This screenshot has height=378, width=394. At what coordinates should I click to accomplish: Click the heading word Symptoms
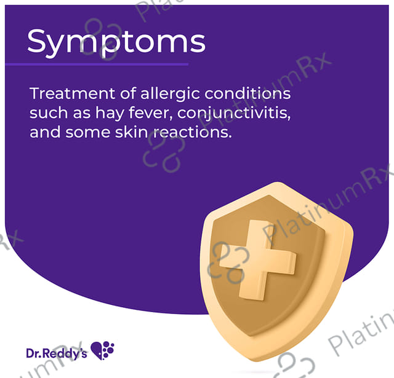coord(116,42)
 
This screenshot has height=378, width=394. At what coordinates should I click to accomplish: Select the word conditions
coord(247,93)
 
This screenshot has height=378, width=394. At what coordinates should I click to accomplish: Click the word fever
coord(150,113)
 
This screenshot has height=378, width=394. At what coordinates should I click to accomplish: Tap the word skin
coord(131,132)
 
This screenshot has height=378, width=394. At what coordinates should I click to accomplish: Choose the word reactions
coord(192,132)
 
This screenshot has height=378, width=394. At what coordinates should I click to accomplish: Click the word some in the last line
coord(88,133)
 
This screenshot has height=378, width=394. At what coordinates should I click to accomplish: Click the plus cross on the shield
coord(257,260)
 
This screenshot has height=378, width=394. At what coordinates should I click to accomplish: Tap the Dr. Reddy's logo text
coord(57,353)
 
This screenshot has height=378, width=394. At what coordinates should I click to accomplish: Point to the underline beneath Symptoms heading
coord(97,65)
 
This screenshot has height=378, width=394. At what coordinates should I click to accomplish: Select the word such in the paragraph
coord(49,113)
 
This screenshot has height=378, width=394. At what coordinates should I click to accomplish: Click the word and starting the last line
coord(45,132)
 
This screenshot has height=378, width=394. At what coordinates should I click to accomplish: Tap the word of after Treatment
coord(128,93)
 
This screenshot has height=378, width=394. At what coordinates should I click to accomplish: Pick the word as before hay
coord(82,114)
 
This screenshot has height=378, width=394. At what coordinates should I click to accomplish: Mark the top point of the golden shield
coord(278,183)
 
